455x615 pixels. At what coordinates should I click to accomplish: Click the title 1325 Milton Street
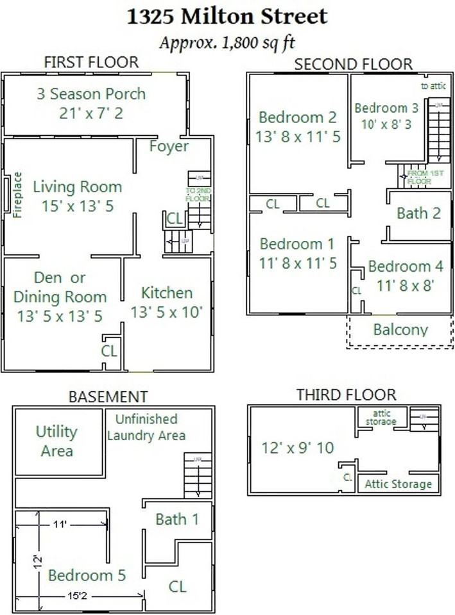click(x=227, y=16)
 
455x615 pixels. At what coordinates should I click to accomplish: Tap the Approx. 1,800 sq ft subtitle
click(x=227, y=43)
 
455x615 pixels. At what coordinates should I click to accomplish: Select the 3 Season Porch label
click(x=90, y=94)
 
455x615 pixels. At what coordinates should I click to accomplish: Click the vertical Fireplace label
click(x=17, y=195)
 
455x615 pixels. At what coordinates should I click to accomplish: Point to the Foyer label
click(x=169, y=146)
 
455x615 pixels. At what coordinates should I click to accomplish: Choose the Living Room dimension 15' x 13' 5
click(x=77, y=206)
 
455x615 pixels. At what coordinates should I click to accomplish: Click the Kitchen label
click(x=167, y=293)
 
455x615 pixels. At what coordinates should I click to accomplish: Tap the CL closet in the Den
click(x=110, y=350)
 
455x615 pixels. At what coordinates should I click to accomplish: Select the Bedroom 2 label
click(x=298, y=117)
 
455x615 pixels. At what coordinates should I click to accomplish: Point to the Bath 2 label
click(x=418, y=213)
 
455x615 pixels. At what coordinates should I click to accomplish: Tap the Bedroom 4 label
click(x=406, y=266)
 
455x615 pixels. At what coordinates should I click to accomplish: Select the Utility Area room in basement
click(x=56, y=441)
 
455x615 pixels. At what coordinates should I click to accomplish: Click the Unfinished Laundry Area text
click(x=146, y=427)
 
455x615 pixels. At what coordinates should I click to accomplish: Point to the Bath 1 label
click(x=177, y=519)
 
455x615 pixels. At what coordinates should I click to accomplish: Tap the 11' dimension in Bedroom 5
click(x=60, y=524)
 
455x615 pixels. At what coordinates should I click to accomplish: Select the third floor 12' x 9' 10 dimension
click(x=298, y=447)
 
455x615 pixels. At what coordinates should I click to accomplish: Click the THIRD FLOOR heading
click(x=346, y=394)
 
